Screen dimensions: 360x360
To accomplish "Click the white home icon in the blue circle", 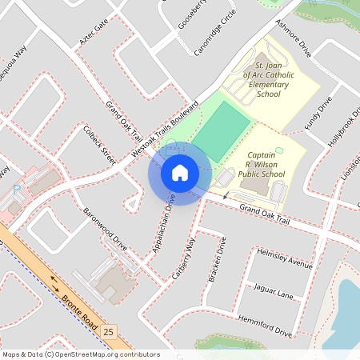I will point(179,172).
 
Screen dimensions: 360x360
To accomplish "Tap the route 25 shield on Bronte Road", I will point(109,330).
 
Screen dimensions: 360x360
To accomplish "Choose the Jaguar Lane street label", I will point(274,290).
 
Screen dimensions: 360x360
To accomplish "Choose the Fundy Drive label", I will point(318,114).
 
